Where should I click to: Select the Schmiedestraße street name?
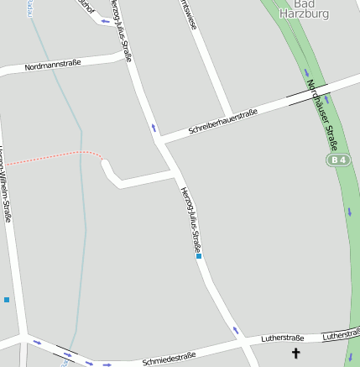tap(169, 359)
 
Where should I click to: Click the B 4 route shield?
tap(337, 160)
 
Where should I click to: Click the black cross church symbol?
tap(295, 354)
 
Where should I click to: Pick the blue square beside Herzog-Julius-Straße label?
tap(200, 256)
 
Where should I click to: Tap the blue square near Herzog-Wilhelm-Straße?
tap(7, 299)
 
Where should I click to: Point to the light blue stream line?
tap(81, 210)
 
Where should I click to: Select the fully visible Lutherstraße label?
tap(282, 338)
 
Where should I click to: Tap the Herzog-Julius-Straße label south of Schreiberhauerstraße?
tap(191, 219)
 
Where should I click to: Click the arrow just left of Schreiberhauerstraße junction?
tap(154, 128)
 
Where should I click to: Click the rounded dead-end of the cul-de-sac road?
tap(107, 165)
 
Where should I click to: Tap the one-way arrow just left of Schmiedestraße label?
tap(107, 365)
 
